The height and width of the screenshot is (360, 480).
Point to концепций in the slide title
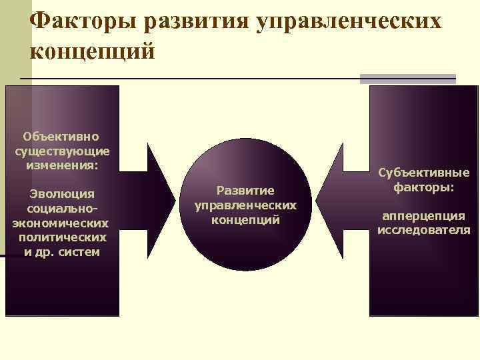(x=93, y=51)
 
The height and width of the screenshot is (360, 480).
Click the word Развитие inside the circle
(x=245, y=190)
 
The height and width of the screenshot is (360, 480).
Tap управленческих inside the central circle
(x=245, y=205)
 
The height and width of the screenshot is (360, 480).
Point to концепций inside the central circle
(x=245, y=219)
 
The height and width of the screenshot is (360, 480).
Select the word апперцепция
(x=424, y=216)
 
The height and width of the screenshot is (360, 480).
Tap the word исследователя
(x=424, y=231)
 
